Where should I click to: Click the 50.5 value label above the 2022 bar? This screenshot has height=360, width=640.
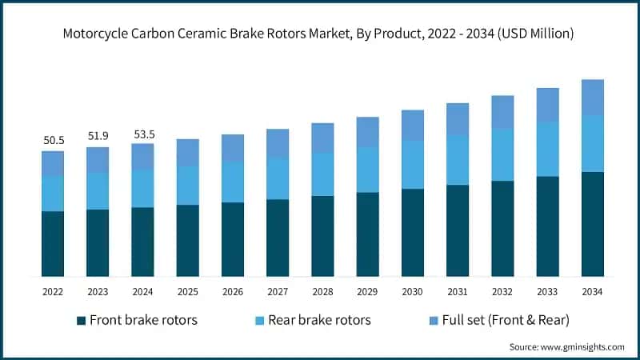point(54,140)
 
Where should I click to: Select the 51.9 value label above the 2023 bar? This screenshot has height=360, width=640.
point(98,136)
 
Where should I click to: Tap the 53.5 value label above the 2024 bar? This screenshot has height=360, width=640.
point(143,133)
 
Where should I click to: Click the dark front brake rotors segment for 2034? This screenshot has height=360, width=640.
point(592,224)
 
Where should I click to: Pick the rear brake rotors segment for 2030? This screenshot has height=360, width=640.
point(413,165)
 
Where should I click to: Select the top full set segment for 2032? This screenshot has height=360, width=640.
point(502,112)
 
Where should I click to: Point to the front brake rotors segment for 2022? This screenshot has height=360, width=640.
point(54,244)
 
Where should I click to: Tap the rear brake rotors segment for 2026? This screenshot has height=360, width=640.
point(233,182)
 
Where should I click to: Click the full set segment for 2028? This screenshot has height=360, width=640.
point(322,138)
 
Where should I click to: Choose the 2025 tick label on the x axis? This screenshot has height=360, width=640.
point(188,292)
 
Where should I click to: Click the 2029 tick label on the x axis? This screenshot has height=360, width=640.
point(368,292)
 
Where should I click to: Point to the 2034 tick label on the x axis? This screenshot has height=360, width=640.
point(592,292)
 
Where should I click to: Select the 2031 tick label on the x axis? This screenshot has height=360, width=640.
point(458,292)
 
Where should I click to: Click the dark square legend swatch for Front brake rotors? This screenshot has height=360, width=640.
point(81,321)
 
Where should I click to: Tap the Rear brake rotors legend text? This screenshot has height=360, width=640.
point(319,320)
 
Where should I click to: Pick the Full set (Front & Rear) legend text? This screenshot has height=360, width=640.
point(498,320)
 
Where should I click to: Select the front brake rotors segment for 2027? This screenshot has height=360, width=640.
point(278,238)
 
